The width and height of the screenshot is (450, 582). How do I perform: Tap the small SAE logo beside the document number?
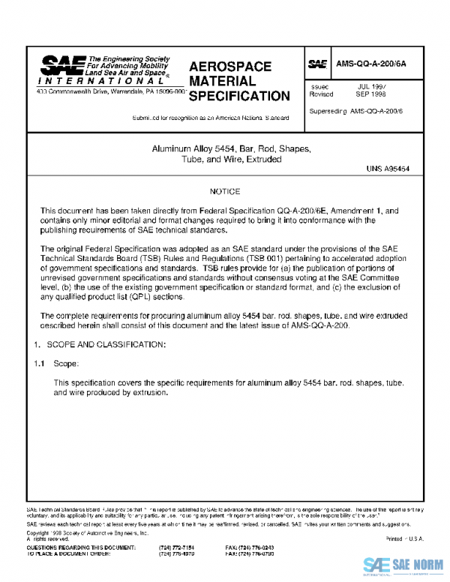(x=318, y=65)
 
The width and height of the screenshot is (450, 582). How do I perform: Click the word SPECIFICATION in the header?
(x=238, y=97)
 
